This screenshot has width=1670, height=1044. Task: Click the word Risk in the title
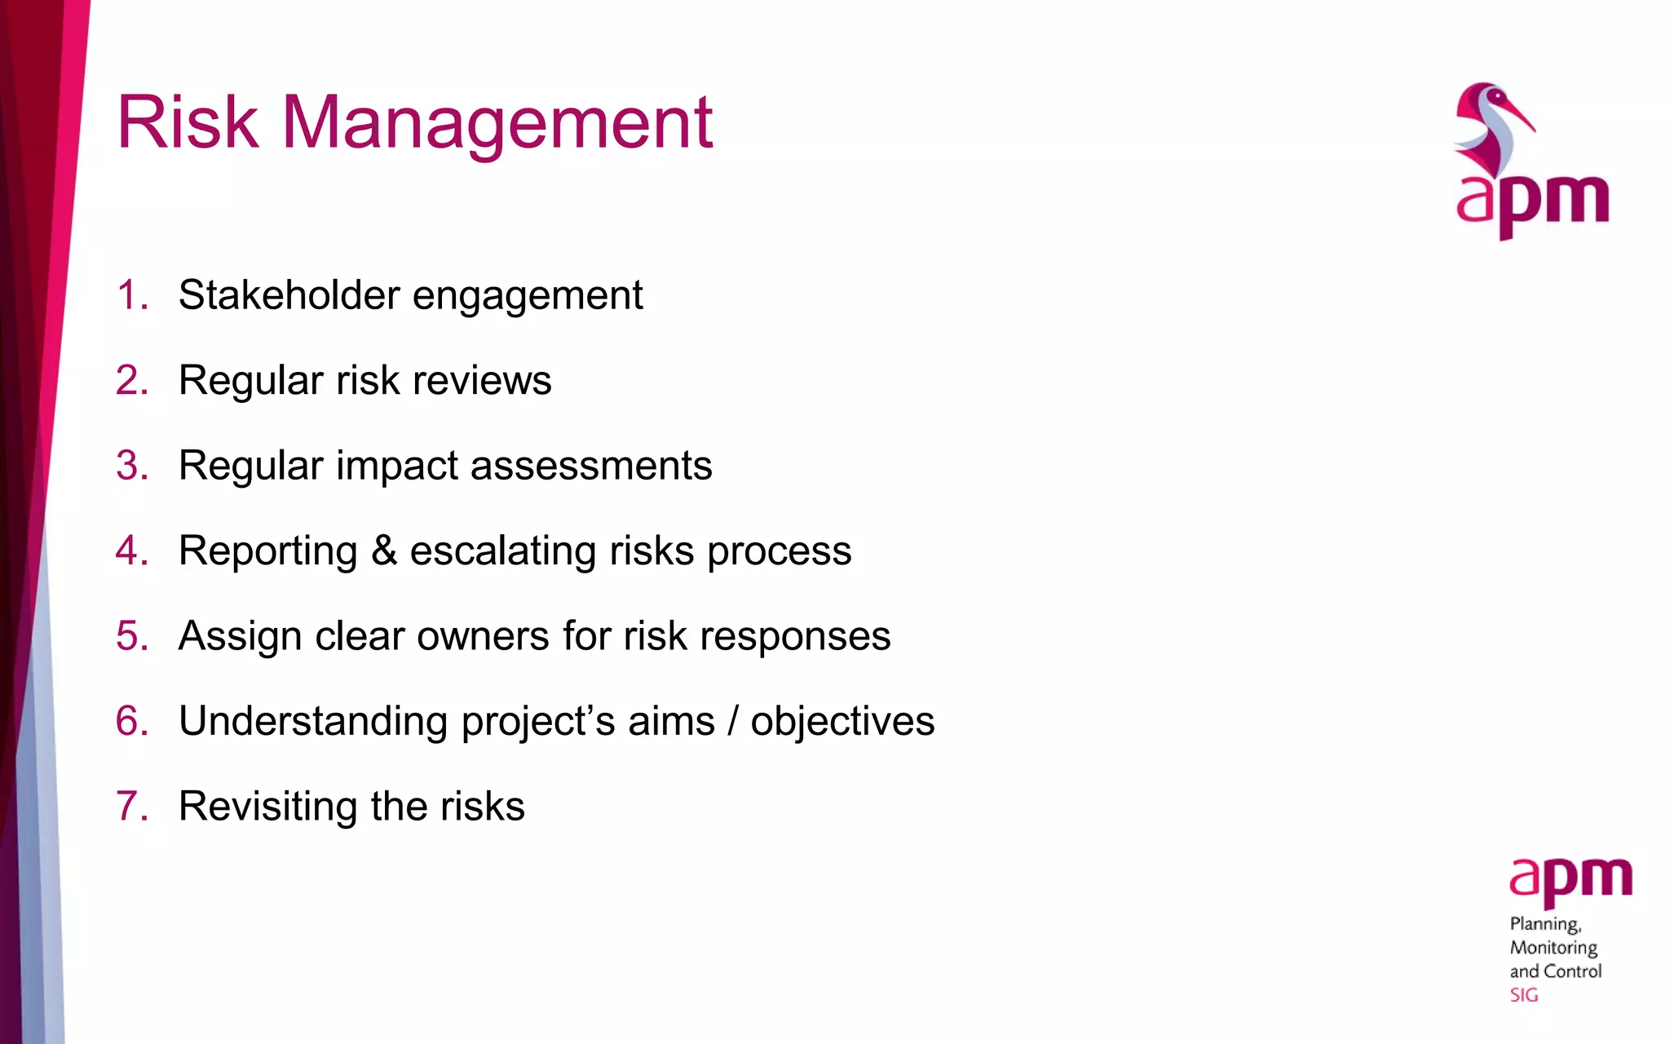pyautogui.click(x=188, y=122)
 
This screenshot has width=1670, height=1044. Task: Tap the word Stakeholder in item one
pyautogui.click(x=288, y=294)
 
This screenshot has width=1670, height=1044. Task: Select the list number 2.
pyautogui.click(x=131, y=380)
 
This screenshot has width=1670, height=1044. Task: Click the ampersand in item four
pyautogui.click(x=384, y=551)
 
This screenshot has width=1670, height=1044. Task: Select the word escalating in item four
pyautogui.click(x=503, y=551)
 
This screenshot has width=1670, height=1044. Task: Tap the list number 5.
pyautogui.click(x=131, y=635)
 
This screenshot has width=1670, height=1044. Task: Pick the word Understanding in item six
pyautogui.click(x=313, y=721)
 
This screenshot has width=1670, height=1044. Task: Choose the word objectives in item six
pyautogui.click(x=842, y=721)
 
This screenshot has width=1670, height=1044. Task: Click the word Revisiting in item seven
pyautogui.click(x=267, y=806)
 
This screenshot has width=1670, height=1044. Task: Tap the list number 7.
pyautogui.click(x=131, y=806)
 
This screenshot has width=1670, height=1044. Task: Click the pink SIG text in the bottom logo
pyautogui.click(x=1523, y=995)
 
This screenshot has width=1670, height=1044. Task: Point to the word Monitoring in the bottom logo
pyautogui.click(x=1553, y=948)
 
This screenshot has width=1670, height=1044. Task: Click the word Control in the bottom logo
pyautogui.click(x=1572, y=971)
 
